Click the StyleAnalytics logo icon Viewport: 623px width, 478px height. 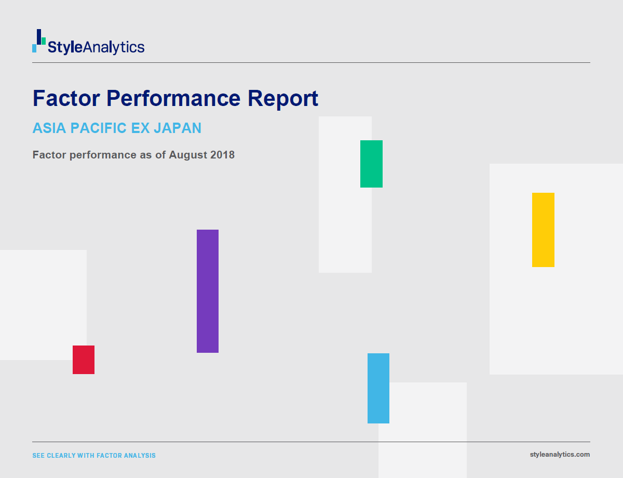[x=39, y=41]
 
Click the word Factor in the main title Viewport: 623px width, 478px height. [x=66, y=98]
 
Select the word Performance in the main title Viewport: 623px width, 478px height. [x=173, y=98]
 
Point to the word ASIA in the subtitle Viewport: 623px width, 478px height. [x=49, y=128]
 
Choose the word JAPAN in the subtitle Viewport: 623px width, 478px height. [x=178, y=128]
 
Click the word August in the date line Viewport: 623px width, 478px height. [x=188, y=155]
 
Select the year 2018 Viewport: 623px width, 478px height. [x=223, y=155]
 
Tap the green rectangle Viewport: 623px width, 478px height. [x=371, y=164]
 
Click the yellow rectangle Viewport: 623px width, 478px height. [x=543, y=230]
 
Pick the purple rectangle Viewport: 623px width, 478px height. [x=208, y=291]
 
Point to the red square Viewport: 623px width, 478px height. [x=84, y=360]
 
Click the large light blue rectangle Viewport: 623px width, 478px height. [x=378, y=388]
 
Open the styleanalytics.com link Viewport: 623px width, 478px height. [x=560, y=455]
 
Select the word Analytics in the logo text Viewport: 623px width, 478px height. [x=114, y=47]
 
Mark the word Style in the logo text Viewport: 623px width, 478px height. [x=65, y=47]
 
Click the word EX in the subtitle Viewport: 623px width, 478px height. [x=140, y=128]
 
